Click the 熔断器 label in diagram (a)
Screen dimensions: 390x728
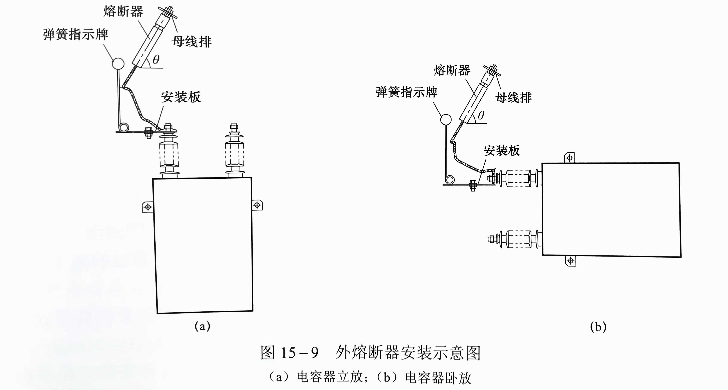click(123, 12)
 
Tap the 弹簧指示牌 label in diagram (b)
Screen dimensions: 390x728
click(406, 92)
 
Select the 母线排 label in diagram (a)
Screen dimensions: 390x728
click(192, 42)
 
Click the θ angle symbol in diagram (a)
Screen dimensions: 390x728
click(156, 59)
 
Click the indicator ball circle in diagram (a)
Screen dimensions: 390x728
click(118, 63)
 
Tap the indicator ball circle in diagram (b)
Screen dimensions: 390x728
click(446, 119)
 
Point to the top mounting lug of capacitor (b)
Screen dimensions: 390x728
click(569, 158)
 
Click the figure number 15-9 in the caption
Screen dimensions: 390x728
click(300, 353)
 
